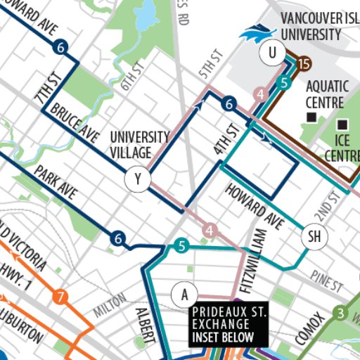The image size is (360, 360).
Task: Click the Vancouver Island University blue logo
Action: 257,33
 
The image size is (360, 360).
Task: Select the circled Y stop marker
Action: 138,180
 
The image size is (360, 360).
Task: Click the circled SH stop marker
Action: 314,238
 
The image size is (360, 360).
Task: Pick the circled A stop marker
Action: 184,292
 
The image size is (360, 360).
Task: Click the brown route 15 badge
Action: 303,65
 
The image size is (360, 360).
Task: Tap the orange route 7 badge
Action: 60,297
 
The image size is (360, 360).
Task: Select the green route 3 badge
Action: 341,312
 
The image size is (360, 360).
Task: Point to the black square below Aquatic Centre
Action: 310,117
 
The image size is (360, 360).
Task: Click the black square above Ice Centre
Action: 342,124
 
